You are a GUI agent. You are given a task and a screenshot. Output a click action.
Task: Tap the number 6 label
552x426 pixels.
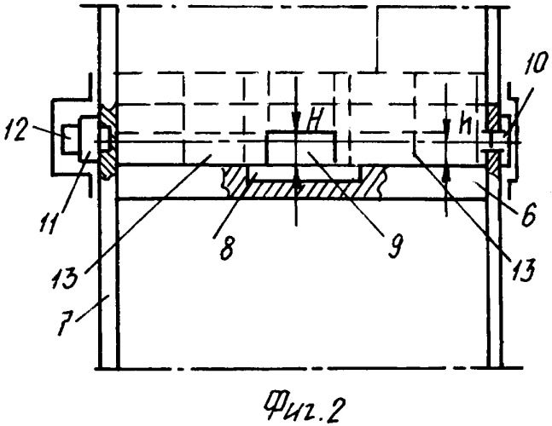[527, 214]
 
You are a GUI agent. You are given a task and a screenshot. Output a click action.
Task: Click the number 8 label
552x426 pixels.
[226, 249]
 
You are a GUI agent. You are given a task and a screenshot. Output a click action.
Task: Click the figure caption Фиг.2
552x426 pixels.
[305, 408]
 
